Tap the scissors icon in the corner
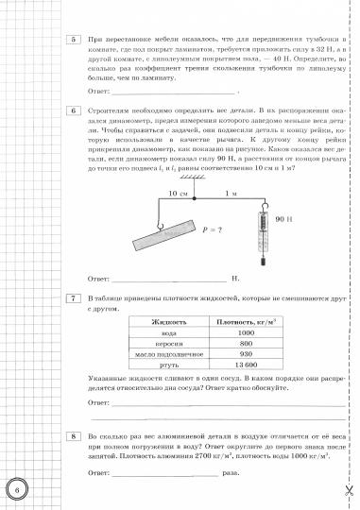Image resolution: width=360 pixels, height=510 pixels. point(348,490)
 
